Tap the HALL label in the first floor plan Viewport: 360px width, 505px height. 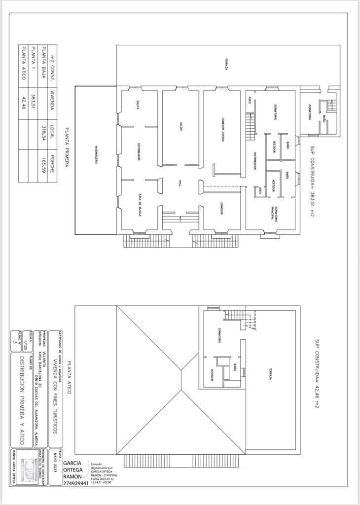tap(180, 183)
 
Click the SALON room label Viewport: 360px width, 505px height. tap(181, 127)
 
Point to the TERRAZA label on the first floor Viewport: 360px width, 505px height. tap(226, 65)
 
